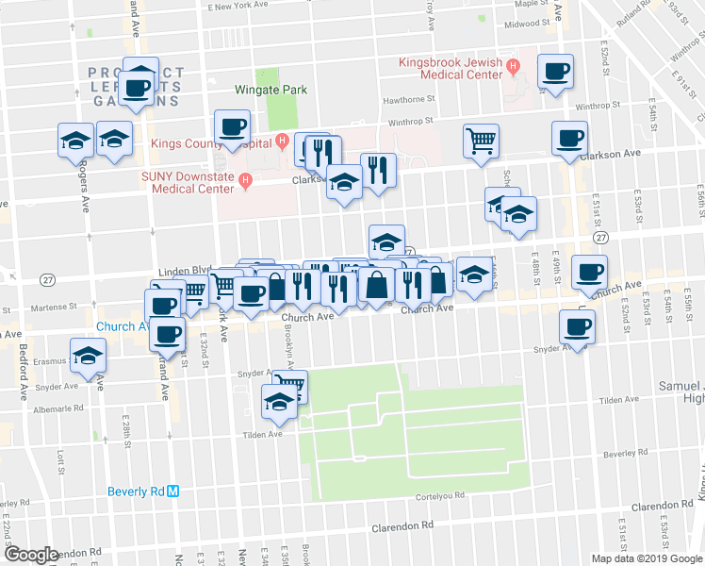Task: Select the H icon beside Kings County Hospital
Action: click(x=281, y=142)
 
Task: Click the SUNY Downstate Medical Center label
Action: click(x=191, y=182)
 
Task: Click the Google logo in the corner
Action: click(x=32, y=555)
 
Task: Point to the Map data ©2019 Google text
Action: click(x=647, y=558)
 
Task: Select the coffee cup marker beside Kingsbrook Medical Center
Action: click(x=556, y=71)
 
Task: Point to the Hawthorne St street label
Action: click(x=407, y=97)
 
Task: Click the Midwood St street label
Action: click(x=527, y=25)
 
